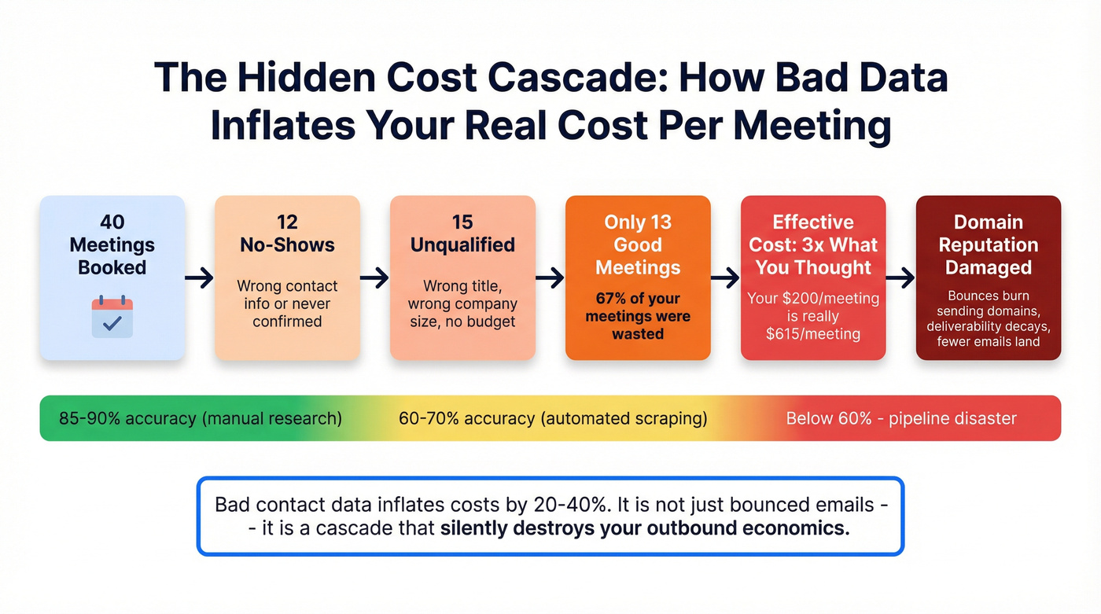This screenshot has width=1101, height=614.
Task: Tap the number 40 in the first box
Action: pyautogui.click(x=112, y=222)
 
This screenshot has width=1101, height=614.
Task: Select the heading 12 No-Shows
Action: pyautogui.click(x=287, y=233)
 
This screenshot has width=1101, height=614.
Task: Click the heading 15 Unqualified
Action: pyautogui.click(x=462, y=233)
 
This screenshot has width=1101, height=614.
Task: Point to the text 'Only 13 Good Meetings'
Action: pyautogui.click(x=638, y=244)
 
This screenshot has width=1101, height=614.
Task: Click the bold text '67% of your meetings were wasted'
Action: pyautogui.click(x=638, y=316)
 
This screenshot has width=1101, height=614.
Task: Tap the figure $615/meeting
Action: pyautogui.click(x=813, y=333)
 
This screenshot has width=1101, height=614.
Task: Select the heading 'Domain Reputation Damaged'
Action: pyautogui.click(x=989, y=244)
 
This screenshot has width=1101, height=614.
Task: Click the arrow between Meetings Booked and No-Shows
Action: pyautogui.click(x=200, y=278)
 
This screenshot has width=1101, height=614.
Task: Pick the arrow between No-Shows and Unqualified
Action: pyautogui.click(x=375, y=278)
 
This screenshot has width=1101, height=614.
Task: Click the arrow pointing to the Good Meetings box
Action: pyautogui.click(x=550, y=278)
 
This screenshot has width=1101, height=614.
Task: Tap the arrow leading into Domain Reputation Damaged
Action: pyautogui.click(x=901, y=278)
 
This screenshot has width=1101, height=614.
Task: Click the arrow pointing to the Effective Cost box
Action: pyautogui.click(x=726, y=278)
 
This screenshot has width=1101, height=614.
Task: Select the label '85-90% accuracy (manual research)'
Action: pyautogui.click(x=201, y=418)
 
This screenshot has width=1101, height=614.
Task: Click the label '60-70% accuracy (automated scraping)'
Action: pyautogui.click(x=553, y=418)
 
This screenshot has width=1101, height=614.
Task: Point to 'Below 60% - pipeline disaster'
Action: pyautogui.click(x=901, y=418)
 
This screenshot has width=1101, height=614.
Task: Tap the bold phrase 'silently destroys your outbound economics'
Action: pyautogui.click(x=645, y=528)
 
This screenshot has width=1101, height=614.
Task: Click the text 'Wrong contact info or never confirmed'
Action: pyautogui.click(x=287, y=303)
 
